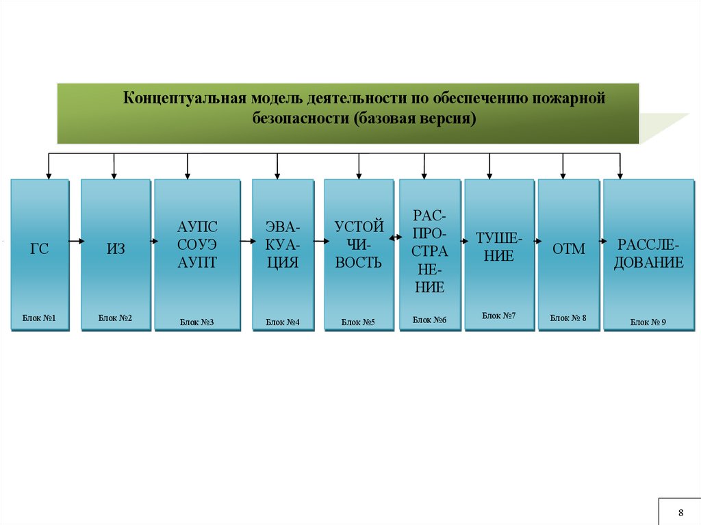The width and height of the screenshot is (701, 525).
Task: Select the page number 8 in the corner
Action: (680, 513)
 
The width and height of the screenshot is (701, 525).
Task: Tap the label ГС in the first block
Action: (40, 250)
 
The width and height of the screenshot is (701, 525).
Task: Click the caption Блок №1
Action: (38, 318)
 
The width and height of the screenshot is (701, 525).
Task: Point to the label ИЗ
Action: (116, 250)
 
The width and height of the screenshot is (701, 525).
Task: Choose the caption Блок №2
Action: (115, 318)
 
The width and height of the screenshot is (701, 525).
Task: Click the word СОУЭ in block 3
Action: (197, 244)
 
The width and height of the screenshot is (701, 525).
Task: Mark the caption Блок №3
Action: (197, 321)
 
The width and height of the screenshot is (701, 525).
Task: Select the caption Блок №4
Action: (283, 321)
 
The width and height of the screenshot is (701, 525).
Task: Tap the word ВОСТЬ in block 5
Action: (359, 262)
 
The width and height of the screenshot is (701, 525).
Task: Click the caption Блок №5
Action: (359, 321)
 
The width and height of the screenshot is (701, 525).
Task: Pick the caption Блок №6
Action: (430, 320)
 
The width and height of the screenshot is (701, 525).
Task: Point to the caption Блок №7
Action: (499, 316)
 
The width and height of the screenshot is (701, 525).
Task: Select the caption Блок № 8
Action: (568, 318)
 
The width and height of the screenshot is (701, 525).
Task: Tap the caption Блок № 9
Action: (648, 321)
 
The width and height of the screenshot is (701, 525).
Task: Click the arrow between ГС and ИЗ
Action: (75, 241)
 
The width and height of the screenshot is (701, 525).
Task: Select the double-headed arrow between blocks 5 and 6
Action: (396, 238)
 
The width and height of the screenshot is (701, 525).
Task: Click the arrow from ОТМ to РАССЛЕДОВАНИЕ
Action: (596, 241)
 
